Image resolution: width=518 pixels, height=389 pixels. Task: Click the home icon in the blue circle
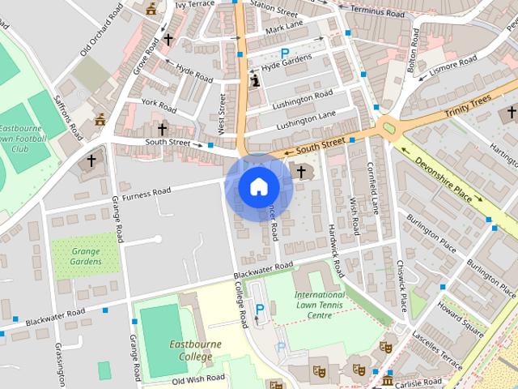(x=258, y=187)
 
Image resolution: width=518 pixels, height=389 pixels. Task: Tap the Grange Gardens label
(x=85, y=256)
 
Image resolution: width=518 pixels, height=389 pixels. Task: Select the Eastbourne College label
(x=195, y=350)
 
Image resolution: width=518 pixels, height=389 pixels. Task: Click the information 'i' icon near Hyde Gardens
(x=256, y=81)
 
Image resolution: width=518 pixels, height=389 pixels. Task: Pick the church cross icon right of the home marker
(x=302, y=171)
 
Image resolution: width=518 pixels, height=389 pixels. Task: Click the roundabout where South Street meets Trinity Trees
(x=390, y=127)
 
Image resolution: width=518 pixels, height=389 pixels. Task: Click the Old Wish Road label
(x=197, y=378)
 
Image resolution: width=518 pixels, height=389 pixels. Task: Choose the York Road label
(x=159, y=105)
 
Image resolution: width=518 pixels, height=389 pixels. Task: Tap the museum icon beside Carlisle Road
(x=388, y=379)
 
